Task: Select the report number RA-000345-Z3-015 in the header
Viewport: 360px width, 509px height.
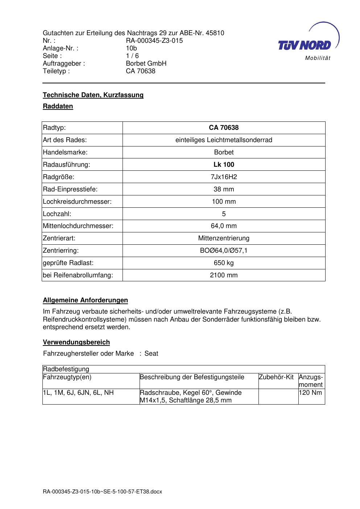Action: (x=154, y=41)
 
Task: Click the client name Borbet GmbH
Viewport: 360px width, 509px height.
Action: (x=146, y=63)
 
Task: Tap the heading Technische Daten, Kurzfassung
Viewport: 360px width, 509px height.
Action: (x=93, y=95)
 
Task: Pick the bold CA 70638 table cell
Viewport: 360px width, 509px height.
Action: (x=224, y=128)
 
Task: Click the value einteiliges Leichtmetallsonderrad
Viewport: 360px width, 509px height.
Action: (x=224, y=140)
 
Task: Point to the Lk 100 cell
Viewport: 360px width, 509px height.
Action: (x=224, y=165)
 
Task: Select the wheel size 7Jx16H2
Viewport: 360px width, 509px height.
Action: (x=224, y=177)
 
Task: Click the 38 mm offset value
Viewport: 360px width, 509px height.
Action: (x=224, y=189)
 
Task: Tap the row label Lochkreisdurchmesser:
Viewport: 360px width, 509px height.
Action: (x=77, y=202)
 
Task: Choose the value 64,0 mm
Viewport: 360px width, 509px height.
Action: (x=224, y=226)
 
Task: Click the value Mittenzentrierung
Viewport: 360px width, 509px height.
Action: (x=224, y=238)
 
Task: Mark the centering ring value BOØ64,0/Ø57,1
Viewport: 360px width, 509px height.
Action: (x=224, y=251)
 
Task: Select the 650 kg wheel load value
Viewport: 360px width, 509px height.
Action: (x=224, y=263)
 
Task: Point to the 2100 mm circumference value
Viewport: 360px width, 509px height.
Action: (x=224, y=275)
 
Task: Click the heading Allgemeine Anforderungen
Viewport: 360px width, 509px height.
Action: (x=85, y=300)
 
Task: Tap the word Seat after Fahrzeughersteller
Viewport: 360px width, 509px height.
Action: (x=151, y=353)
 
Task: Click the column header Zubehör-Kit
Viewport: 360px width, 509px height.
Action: (x=276, y=377)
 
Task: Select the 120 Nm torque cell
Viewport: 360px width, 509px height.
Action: (x=310, y=393)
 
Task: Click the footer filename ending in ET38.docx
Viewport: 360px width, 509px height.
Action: (x=102, y=492)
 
